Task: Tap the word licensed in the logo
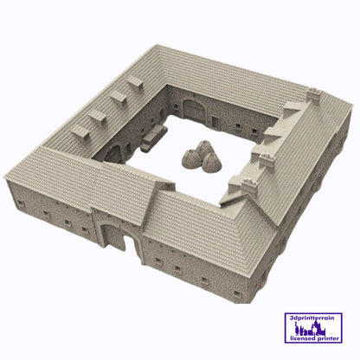click(x=303, y=338)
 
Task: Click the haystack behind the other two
click(x=204, y=148)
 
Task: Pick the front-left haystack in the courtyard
click(x=190, y=158)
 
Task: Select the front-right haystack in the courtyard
click(x=212, y=163)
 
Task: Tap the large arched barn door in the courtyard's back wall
click(x=195, y=110)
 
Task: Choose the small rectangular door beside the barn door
click(x=215, y=122)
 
